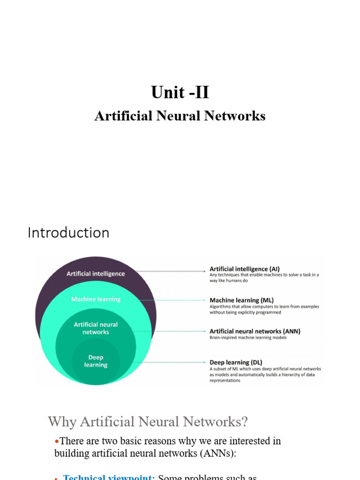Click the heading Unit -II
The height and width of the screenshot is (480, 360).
tap(180, 92)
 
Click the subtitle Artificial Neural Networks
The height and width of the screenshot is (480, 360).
tap(180, 116)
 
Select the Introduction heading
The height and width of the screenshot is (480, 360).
tap(68, 232)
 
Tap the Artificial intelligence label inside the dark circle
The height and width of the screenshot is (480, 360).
tap(96, 274)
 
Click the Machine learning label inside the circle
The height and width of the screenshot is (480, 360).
tap(96, 299)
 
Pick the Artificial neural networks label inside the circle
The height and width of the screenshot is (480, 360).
tap(96, 328)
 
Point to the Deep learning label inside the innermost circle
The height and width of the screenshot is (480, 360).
tap(96, 361)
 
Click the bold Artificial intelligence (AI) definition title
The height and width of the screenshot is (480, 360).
tap(244, 269)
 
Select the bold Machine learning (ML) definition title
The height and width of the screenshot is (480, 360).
tap(241, 300)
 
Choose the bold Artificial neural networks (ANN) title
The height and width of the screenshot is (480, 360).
tap(255, 331)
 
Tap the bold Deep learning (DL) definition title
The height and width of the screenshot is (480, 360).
tap(236, 362)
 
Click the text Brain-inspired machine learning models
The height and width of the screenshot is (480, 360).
tap(248, 337)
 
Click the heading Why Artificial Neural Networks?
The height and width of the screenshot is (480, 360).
tap(148, 422)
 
